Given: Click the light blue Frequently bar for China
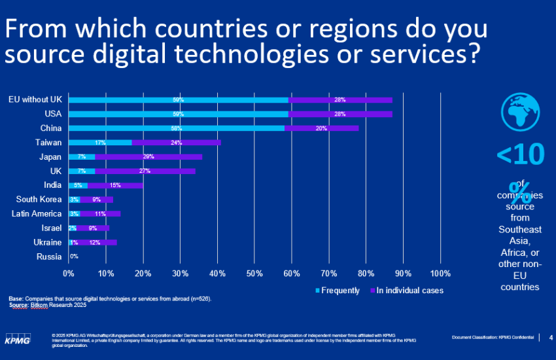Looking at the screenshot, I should coord(177,128).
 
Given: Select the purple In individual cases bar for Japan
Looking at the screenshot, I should coord(148,157).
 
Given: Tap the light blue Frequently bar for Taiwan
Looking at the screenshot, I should coord(100,143).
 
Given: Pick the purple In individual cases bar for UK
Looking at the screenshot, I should coord(144,171).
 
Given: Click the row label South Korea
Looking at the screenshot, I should coord(39,200).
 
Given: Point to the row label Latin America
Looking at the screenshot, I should coord(37,214).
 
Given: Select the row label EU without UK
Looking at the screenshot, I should coord(35,99).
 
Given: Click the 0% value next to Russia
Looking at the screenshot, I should coord(74,257).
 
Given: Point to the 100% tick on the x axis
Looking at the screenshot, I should coord(440,273).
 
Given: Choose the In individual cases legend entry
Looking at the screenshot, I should coord(406,291).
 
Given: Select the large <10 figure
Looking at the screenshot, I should coord(519,155).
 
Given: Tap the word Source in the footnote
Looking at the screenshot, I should coord(19,305).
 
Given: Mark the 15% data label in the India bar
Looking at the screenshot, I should coord(115,185).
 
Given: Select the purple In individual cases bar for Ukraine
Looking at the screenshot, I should coord(95,242).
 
